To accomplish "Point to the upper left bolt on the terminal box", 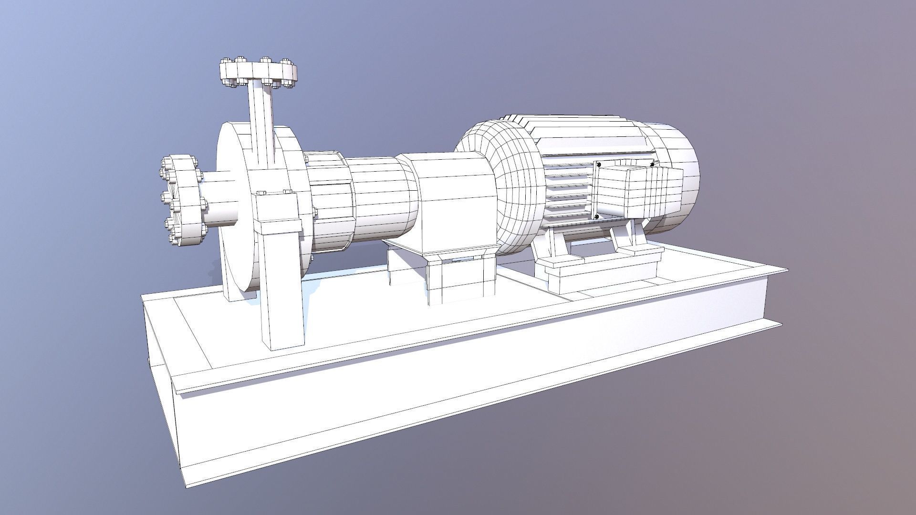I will click(x=598, y=165).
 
